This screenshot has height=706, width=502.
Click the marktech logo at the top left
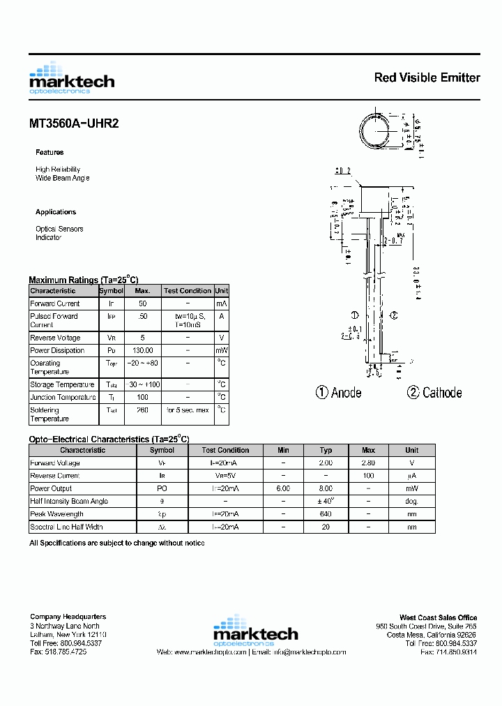click(71, 79)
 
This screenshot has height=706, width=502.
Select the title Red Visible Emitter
click(427, 77)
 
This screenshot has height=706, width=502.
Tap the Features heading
click(50, 152)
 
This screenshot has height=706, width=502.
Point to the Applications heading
click(56, 212)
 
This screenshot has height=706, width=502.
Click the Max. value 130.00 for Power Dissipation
click(142, 350)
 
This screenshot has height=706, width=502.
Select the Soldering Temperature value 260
click(142, 410)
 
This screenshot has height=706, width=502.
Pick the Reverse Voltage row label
click(55, 338)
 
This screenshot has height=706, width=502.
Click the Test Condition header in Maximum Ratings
click(187, 290)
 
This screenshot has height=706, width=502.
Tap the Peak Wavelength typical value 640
click(326, 514)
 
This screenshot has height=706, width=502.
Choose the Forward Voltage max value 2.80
click(369, 463)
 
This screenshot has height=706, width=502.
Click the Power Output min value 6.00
click(283, 488)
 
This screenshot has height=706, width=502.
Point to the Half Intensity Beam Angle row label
click(69, 501)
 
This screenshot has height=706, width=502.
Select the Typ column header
click(326, 450)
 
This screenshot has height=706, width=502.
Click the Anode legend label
click(339, 393)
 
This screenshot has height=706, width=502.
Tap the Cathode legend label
click(435, 393)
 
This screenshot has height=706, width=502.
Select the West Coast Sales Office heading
click(438, 617)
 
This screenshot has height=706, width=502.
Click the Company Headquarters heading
click(68, 617)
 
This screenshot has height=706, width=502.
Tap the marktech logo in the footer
click(255, 629)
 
